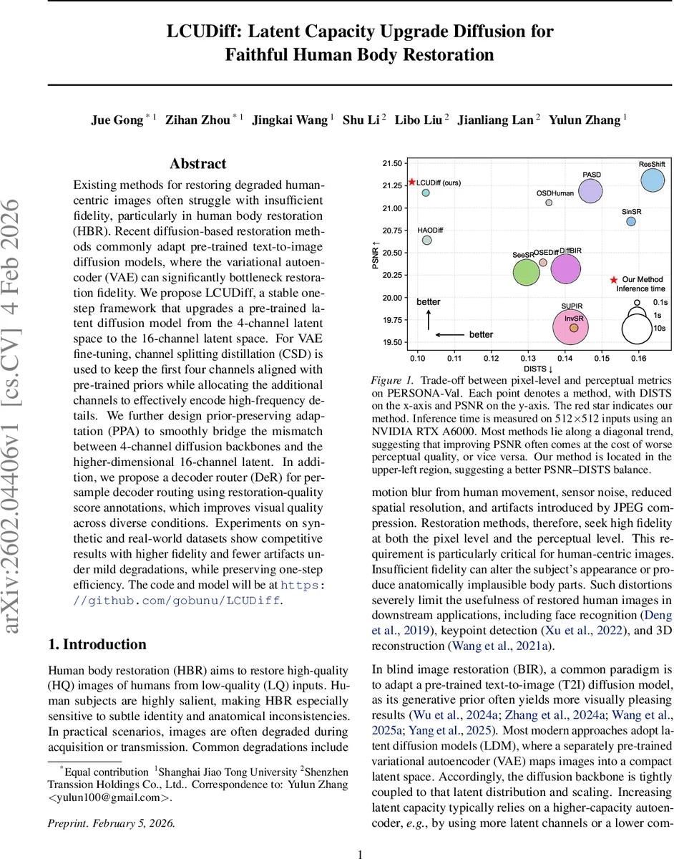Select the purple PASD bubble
(590, 190)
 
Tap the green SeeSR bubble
(527, 272)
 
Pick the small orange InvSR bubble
(574, 328)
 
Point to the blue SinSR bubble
(630, 222)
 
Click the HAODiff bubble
(426, 241)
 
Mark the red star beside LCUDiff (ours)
(411, 183)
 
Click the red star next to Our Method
(613, 280)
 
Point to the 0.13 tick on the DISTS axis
(528, 356)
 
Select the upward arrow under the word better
(429, 319)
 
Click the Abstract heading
(197, 164)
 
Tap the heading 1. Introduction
(97, 644)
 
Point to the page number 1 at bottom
(361, 835)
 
